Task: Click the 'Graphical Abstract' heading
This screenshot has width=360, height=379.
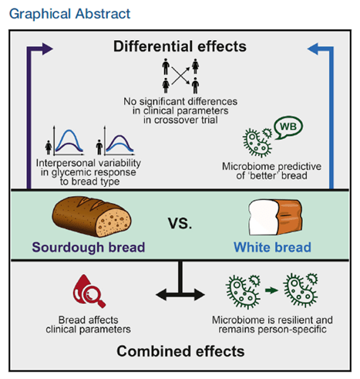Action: [69, 14]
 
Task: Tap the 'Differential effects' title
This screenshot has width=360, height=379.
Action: [180, 46]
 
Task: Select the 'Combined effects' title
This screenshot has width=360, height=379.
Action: [180, 351]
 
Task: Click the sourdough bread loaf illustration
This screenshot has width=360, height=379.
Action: [92, 216]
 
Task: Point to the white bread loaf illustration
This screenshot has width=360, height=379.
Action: [275, 217]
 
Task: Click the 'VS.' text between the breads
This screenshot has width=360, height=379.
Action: [180, 223]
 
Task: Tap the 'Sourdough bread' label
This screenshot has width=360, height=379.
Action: [89, 247]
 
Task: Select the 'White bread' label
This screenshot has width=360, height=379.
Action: [272, 247]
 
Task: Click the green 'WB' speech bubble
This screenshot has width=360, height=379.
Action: [288, 127]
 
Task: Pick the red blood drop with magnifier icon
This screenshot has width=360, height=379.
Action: [89, 291]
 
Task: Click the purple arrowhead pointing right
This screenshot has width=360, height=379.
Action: [47, 49]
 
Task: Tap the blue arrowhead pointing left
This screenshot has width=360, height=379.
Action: [313, 49]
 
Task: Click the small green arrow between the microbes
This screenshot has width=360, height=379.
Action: [271, 290]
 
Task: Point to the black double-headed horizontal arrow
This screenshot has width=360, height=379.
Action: [180, 295]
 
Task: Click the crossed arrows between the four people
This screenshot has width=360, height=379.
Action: [180, 76]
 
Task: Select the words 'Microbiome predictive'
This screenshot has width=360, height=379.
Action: [271, 166]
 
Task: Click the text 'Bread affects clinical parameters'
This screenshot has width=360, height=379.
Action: [89, 324]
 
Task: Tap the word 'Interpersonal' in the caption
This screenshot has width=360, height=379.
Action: [66, 163]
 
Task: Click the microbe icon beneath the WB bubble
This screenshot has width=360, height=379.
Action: [257, 142]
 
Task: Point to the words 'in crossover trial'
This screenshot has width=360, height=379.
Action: [180, 120]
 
